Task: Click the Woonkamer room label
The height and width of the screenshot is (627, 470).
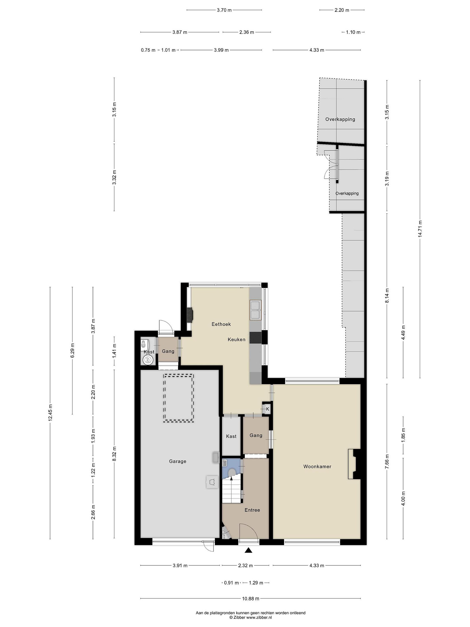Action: pyautogui.click(x=317, y=466)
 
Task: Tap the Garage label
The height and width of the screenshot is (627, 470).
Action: pyautogui.click(x=178, y=461)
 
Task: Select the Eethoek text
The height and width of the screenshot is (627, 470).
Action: pyautogui.click(x=221, y=324)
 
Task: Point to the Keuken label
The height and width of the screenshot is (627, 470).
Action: pyautogui.click(x=237, y=339)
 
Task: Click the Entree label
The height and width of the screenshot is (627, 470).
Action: pyautogui.click(x=252, y=510)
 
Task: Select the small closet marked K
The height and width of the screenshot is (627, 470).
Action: pyautogui.click(x=266, y=409)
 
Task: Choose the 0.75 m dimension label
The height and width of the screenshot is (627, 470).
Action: pyautogui.click(x=148, y=50)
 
